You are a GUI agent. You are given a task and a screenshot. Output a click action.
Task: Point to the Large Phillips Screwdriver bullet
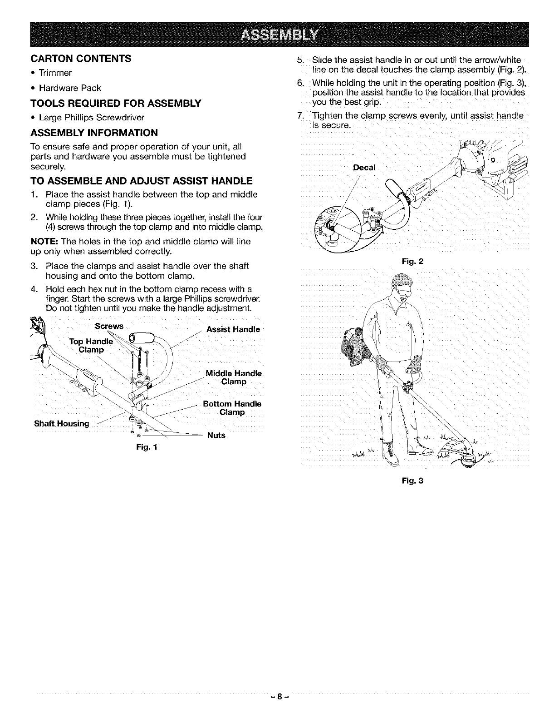point(91,118)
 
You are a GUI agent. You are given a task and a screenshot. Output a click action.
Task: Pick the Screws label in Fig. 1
point(109,326)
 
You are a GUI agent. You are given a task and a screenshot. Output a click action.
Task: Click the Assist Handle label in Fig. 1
point(233,329)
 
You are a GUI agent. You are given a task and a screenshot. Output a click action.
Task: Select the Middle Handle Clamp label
point(234,377)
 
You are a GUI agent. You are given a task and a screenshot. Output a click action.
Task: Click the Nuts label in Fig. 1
point(216,435)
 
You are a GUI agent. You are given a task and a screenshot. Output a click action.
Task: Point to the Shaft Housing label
point(62,424)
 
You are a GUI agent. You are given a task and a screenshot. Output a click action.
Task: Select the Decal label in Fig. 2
point(364,168)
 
